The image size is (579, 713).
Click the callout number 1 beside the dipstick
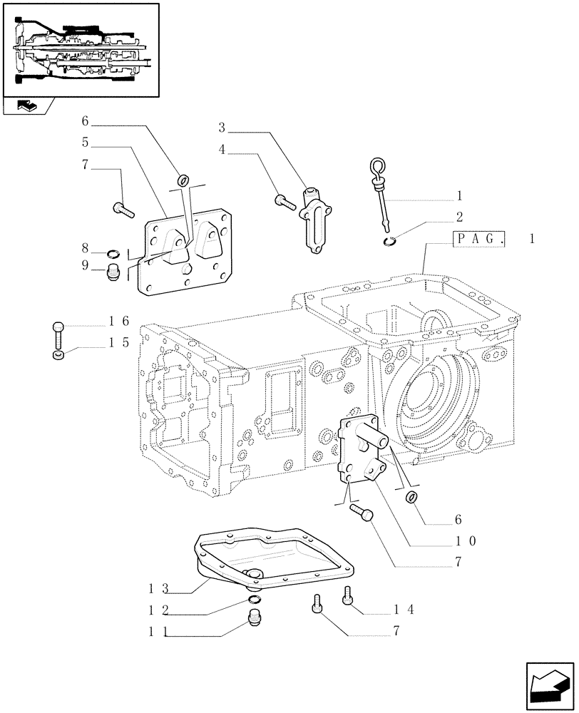tap(460, 195)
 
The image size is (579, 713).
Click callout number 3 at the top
tap(222, 128)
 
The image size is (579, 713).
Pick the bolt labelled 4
tap(285, 202)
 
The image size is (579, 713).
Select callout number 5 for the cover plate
tap(85, 142)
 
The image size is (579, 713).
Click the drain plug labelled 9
tap(111, 273)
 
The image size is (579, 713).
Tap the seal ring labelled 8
tap(113, 253)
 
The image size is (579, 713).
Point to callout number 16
tap(118, 322)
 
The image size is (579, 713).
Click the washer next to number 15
tap(58, 354)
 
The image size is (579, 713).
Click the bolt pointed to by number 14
tap(349, 594)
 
